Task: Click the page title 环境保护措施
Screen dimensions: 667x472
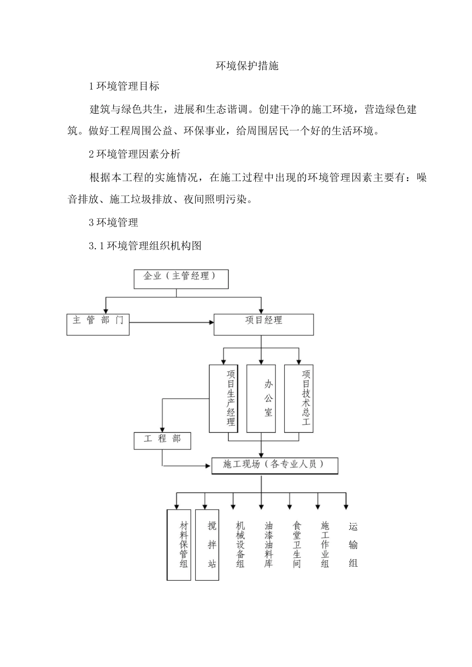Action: point(247,66)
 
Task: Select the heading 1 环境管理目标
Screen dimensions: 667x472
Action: point(124,86)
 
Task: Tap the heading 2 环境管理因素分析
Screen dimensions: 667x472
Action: point(135,154)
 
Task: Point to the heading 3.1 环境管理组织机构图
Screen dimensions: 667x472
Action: point(145,246)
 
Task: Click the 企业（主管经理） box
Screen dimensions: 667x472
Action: point(181,278)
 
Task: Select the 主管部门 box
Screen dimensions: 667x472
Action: point(98,324)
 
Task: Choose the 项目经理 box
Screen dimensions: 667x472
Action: point(263,324)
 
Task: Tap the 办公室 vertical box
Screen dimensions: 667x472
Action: point(261,399)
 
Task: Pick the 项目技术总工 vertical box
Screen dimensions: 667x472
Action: point(299,399)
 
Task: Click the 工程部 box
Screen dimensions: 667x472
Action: point(162,441)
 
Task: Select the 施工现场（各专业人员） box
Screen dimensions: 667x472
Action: point(275,466)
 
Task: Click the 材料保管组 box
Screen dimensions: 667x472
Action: point(179,544)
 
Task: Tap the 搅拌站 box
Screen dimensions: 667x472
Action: point(207,544)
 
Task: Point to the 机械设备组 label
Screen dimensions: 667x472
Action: point(240,544)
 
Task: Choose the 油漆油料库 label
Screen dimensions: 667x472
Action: point(269,544)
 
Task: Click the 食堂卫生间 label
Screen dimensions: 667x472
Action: point(297,544)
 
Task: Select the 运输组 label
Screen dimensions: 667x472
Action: point(353,544)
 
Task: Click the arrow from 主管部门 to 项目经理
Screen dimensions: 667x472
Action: point(171,323)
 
